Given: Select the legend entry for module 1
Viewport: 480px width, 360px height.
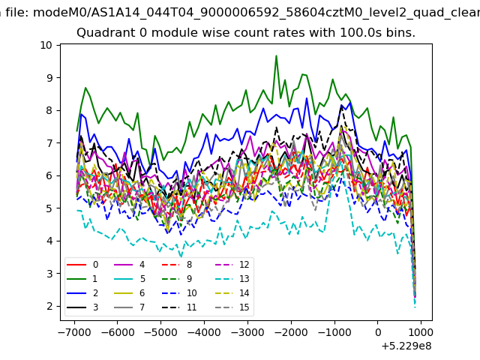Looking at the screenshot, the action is click(x=82, y=279).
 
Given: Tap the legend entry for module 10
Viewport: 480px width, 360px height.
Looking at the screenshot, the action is click(x=179, y=293).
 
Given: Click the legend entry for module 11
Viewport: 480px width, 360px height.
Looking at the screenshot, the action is click(x=179, y=307).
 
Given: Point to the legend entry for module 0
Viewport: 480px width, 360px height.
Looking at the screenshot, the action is click(x=82, y=265).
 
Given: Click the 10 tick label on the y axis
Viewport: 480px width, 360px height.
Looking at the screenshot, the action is click(x=46, y=45).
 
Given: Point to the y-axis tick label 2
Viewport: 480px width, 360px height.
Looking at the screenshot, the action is click(x=49, y=306).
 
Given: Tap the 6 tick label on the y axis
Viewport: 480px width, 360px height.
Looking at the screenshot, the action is click(x=49, y=175).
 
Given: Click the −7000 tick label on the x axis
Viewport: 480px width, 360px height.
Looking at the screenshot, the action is click(x=74, y=332).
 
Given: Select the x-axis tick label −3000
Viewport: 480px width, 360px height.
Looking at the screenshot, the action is click(x=247, y=332).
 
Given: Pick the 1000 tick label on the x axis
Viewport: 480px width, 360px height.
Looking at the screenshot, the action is click(x=421, y=332).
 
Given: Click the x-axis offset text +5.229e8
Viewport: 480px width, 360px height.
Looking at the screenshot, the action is click(x=406, y=346).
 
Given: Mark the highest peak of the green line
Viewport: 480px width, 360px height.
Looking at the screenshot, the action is click(x=276, y=55).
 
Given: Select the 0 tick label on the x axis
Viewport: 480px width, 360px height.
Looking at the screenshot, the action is click(x=378, y=332).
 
